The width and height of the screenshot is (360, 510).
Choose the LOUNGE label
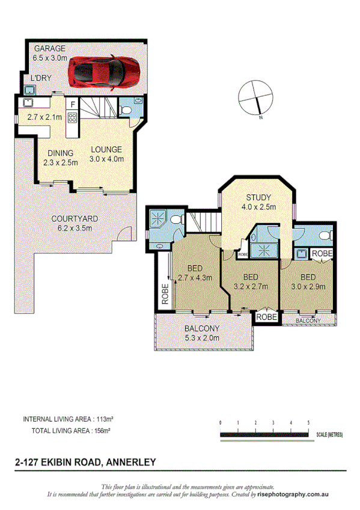(x=106, y=150)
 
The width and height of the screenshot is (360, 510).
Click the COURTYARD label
(x=75, y=219)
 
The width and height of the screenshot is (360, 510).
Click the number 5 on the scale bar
(x=308, y=423)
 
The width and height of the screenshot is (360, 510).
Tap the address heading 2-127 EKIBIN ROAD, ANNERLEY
(x=85, y=462)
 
